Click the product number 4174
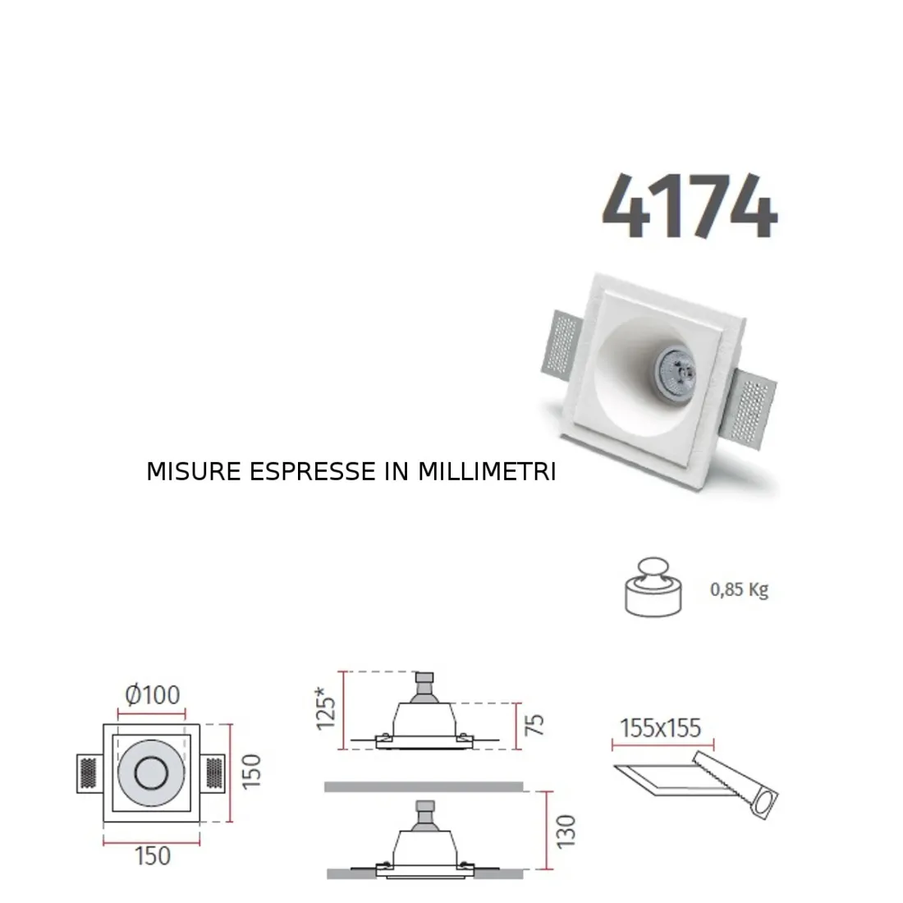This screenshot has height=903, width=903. [689, 206]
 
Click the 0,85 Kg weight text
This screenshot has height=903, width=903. [739, 589]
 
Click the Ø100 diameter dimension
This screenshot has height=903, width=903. [152, 695]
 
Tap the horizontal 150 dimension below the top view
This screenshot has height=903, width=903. [152, 855]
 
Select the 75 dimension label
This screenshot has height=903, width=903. [534, 726]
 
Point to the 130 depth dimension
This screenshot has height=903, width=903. [566, 832]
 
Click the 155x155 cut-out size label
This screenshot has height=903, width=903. [661, 727]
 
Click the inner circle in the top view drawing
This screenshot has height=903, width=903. [152, 772]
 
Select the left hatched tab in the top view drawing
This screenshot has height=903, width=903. [89, 772]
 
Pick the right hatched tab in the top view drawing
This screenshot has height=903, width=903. [215, 772]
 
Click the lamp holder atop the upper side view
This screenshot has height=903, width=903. [424, 684]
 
